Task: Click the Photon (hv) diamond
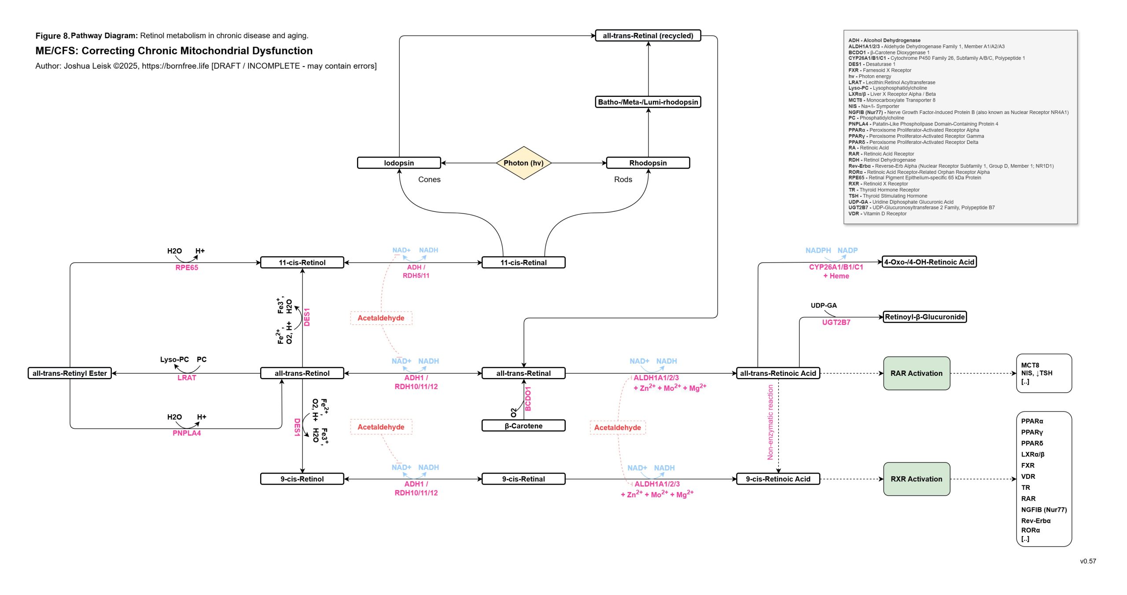(523, 163)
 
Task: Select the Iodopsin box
(399, 163)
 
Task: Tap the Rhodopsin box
(648, 163)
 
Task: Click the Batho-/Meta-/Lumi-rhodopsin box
(648, 102)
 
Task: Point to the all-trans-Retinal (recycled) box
(648, 36)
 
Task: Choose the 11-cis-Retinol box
(302, 263)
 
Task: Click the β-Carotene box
(523, 426)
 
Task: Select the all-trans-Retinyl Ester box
(70, 373)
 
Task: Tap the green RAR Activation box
(917, 373)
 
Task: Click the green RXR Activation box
(917, 479)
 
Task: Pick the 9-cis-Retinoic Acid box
(778, 479)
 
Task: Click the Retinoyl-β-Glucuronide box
(924, 317)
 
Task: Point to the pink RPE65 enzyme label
(187, 268)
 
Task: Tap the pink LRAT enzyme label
(187, 378)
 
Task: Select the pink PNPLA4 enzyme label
(187, 433)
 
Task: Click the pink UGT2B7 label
(836, 323)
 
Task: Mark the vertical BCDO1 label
(528, 399)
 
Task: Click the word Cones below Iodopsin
(429, 180)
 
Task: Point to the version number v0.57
(1088, 561)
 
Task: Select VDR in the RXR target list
(1028, 477)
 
